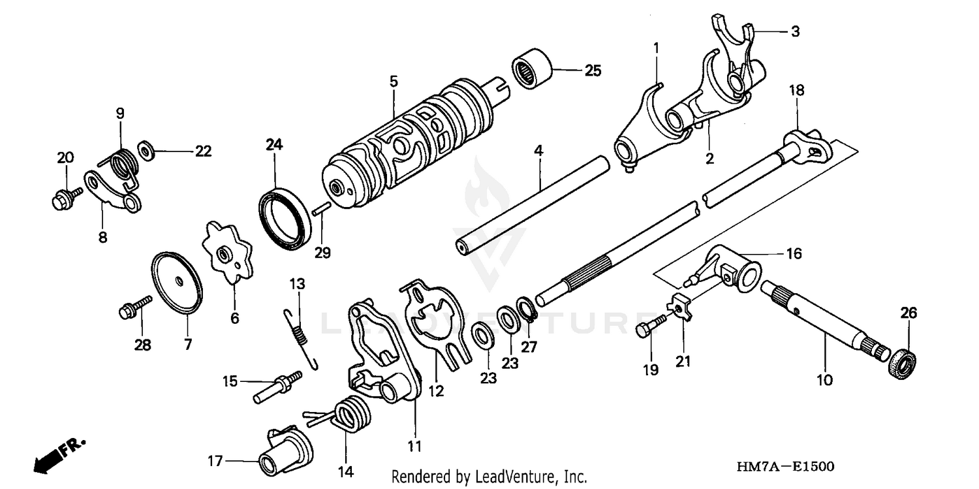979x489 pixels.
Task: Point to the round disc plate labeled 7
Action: (x=177, y=281)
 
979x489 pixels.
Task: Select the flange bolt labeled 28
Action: (x=133, y=308)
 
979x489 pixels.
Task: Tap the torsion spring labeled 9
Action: (x=121, y=163)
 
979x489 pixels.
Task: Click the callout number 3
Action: (x=794, y=31)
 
